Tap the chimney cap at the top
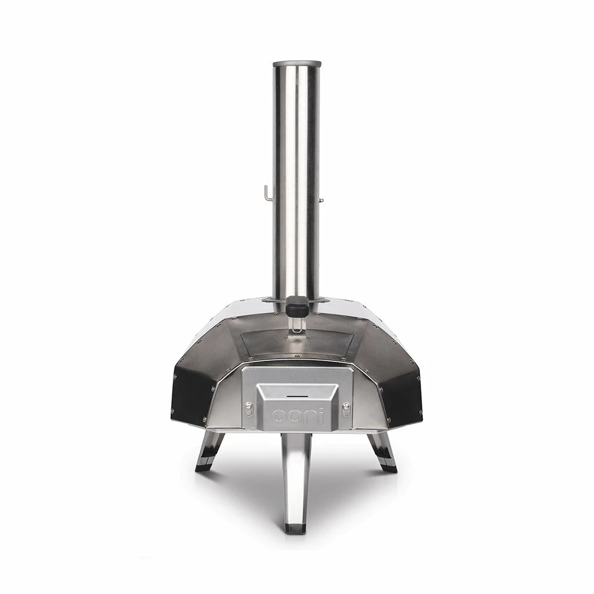pyautogui.click(x=296, y=60)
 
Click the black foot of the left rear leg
pyautogui.click(x=205, y=464)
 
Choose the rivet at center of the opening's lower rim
pyautogui.click(x=297, y=355)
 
